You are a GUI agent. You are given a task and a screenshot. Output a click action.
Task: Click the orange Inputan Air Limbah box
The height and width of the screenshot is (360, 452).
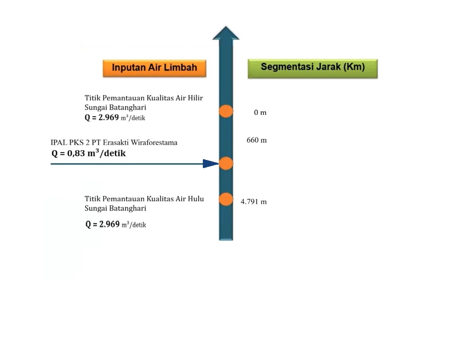pyautogui.click(x=154, y=68)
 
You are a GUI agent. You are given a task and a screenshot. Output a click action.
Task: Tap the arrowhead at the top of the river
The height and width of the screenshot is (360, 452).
pyautogui.click(x=226, y=33)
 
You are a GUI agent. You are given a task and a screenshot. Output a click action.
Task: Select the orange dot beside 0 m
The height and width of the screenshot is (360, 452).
pyautogui.click(x=226, y=111)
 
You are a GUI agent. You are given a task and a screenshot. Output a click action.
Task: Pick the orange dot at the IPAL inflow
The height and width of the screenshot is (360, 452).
pyautogui.click(x=226, y=163)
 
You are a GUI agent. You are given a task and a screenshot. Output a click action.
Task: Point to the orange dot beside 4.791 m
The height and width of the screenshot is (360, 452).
pyautogui.click(x=226, y=199)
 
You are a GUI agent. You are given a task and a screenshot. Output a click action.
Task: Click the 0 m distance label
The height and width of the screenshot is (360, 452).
pyautogui.click(x=260, y=113)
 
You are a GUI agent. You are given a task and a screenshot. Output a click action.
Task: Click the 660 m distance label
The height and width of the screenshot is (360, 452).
pyautogui.click(x=257, y=140)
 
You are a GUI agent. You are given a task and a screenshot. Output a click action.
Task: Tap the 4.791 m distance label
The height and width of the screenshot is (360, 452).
pyautogui.click(x=254, y=202)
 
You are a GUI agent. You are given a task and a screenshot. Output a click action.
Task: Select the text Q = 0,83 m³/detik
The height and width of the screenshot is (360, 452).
pyautogui.click(x=88, y=154)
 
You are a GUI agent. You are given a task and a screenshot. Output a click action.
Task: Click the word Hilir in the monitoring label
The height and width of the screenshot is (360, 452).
pyautogui.click(x=195, y=98)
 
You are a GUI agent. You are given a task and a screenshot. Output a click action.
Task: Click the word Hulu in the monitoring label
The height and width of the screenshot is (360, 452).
pyautogui.click(x=196, y=199)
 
